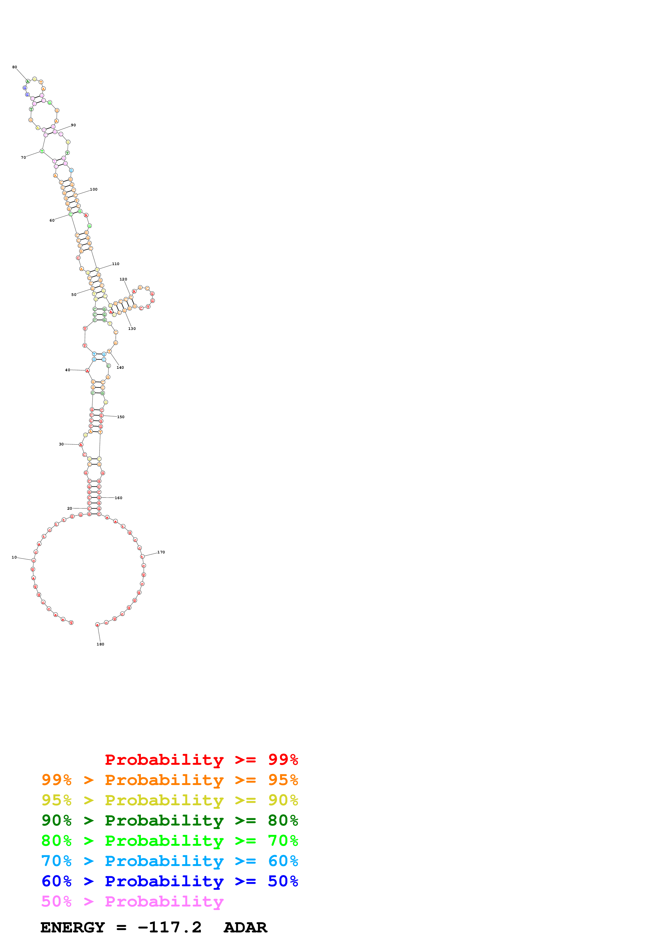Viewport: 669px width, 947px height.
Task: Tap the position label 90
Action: (73, 125)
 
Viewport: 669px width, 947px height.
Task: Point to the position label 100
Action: (94, 189)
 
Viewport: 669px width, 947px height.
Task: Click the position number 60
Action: (52, 220)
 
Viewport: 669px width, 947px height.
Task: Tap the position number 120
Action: (123, 279)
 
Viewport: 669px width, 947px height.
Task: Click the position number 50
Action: (74, 295)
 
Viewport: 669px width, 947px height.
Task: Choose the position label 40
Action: (67, 370)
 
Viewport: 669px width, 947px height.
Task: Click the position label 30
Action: (62, 444)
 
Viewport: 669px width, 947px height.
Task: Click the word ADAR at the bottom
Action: (246, 928)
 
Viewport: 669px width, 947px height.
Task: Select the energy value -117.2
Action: (170, 928)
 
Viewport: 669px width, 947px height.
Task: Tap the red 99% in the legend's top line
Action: (283, 760)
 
